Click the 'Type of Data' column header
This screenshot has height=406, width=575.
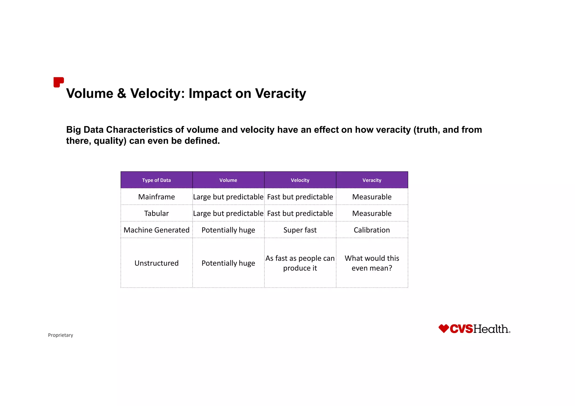pyautogui.click(x=156, y=180)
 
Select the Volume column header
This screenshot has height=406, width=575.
pyautogui.click(x=228, y=180)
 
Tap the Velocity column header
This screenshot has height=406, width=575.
pyautogui.click(x=300, y=180)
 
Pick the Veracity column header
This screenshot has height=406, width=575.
pyautogui.click(x=372, y=180)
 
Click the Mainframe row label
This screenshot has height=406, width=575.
pyautogui.click(x=156, y=197)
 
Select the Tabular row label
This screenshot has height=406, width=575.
pyautogui.click(x=156, y=213)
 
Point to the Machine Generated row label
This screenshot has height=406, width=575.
pyautogui.click(x=156, y=230)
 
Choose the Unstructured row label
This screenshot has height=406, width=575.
pyautogui.click(x=156, y=263)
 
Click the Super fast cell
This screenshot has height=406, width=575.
pyautogui.click(x=300, y=230)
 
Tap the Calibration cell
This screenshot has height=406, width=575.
pyautogui.click(x=372, y=230)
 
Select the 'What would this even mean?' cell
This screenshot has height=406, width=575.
pyautogui.click(x=372, y=263)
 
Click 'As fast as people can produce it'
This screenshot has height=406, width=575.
pyautogui.click(x=300, y=263)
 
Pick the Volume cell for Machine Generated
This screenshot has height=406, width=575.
pyautogui.click(x=228, y=230)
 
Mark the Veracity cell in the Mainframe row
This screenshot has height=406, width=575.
pyautogui.click(x=372, y=197)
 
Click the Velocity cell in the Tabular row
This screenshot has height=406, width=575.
pyautogui.click(x=300, y=213)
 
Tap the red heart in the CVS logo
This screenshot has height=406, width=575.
pyautogui.click(x=444, y=328)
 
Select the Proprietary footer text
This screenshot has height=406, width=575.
pyautogui.click(x=60, y=335)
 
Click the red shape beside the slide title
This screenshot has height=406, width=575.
pyautogui.click(x=58, y=82)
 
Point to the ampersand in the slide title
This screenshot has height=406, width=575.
pyautogui.click(x=122, y=93)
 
